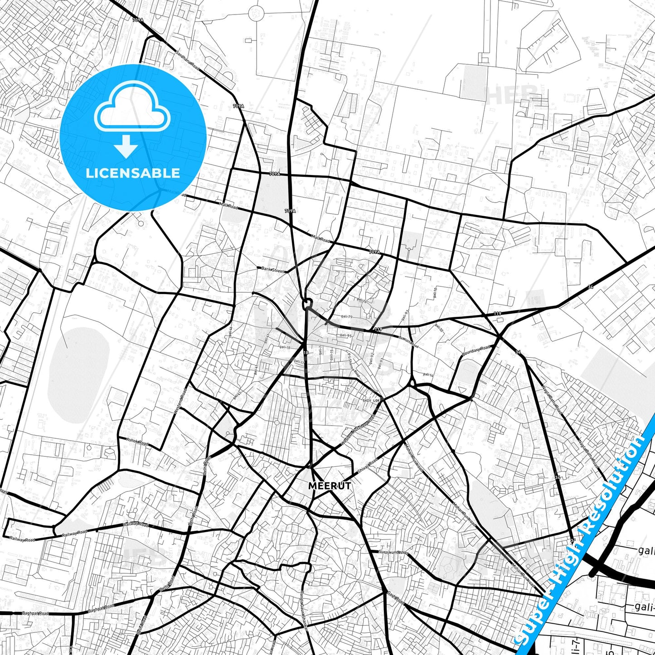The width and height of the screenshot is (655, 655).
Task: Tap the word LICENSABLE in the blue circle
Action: click(x=133, y=173)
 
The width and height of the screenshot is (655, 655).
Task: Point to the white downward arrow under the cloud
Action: click(x=126, y=146)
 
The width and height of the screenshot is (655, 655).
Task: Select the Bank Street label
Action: click(x=273, y=270)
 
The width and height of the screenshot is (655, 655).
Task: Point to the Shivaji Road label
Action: click(x=367, y=466)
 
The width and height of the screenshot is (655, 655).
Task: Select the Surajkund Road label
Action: click(x=393, y=553)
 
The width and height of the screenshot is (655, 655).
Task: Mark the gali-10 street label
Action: click(x=434, y=292)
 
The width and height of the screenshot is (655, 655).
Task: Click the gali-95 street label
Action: click(x=345, y=335)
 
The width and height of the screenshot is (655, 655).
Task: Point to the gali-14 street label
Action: click(x=428, y=374)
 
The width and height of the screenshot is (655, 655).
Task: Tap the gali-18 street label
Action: click(x=285, y=347)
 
